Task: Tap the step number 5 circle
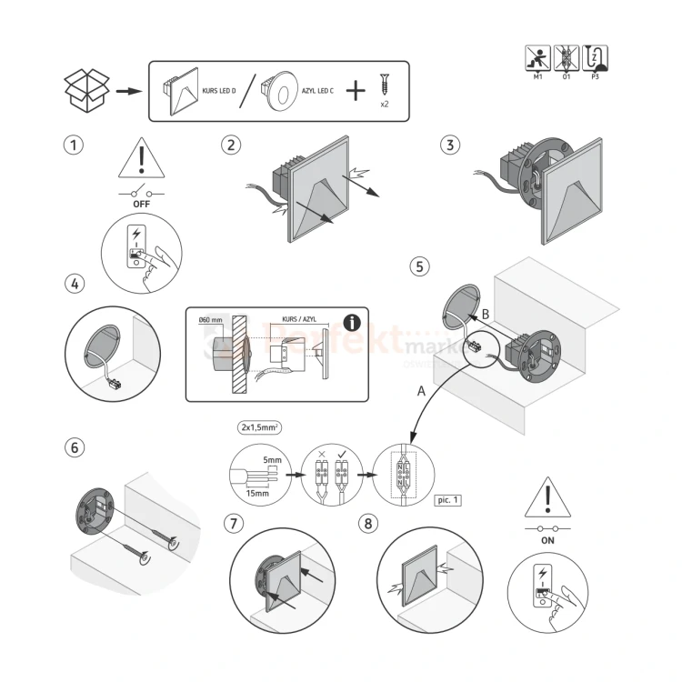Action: pos(418,266)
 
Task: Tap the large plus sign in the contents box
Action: pos(356,90)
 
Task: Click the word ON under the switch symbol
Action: pos(547,538)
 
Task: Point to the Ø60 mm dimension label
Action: pos(210,319)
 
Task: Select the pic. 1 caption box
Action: pos(448,500)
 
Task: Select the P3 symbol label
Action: pos(595,78)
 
